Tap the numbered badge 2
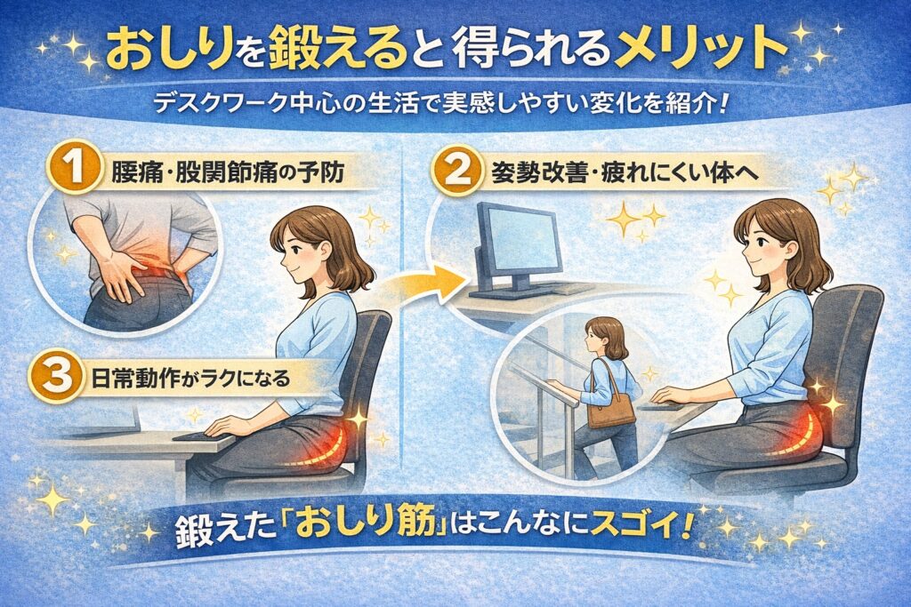tap(455, 170)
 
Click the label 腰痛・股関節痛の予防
tap(227, 173)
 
